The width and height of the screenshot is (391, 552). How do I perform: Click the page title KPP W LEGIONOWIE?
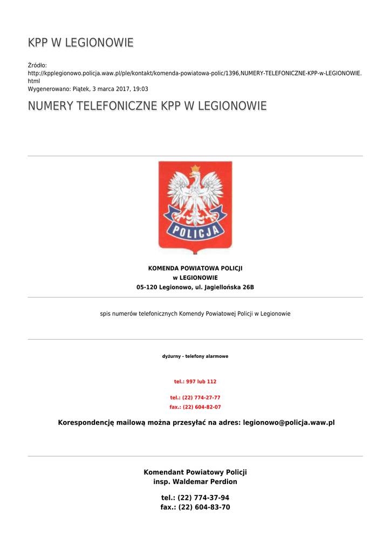81,43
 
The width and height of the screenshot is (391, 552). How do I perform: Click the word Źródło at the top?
37,65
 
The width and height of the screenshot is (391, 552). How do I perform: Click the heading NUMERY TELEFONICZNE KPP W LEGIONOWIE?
147,106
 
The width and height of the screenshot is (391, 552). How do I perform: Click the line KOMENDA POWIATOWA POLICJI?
195,268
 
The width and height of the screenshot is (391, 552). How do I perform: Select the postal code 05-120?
147,287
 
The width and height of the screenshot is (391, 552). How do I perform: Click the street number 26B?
248,287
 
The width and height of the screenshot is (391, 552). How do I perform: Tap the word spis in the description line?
106,314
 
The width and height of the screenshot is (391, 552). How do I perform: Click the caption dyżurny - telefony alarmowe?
195,356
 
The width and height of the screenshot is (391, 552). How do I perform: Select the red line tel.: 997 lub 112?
195,382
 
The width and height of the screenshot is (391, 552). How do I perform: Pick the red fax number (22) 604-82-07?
202,408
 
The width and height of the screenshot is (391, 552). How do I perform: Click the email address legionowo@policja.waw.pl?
289,423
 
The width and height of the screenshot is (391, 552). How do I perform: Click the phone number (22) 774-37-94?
203,498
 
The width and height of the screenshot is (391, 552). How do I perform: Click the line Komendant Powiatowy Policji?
195,472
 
